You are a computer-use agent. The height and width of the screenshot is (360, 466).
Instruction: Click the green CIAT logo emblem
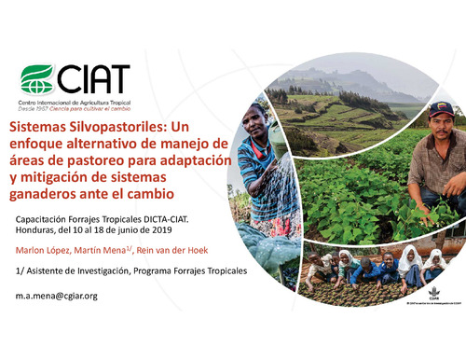[37, 77]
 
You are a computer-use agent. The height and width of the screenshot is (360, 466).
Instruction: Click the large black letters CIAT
[92, 77]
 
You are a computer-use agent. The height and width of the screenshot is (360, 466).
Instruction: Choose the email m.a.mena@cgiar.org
[57, 296]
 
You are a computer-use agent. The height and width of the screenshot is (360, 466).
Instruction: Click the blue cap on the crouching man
[441, 107]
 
